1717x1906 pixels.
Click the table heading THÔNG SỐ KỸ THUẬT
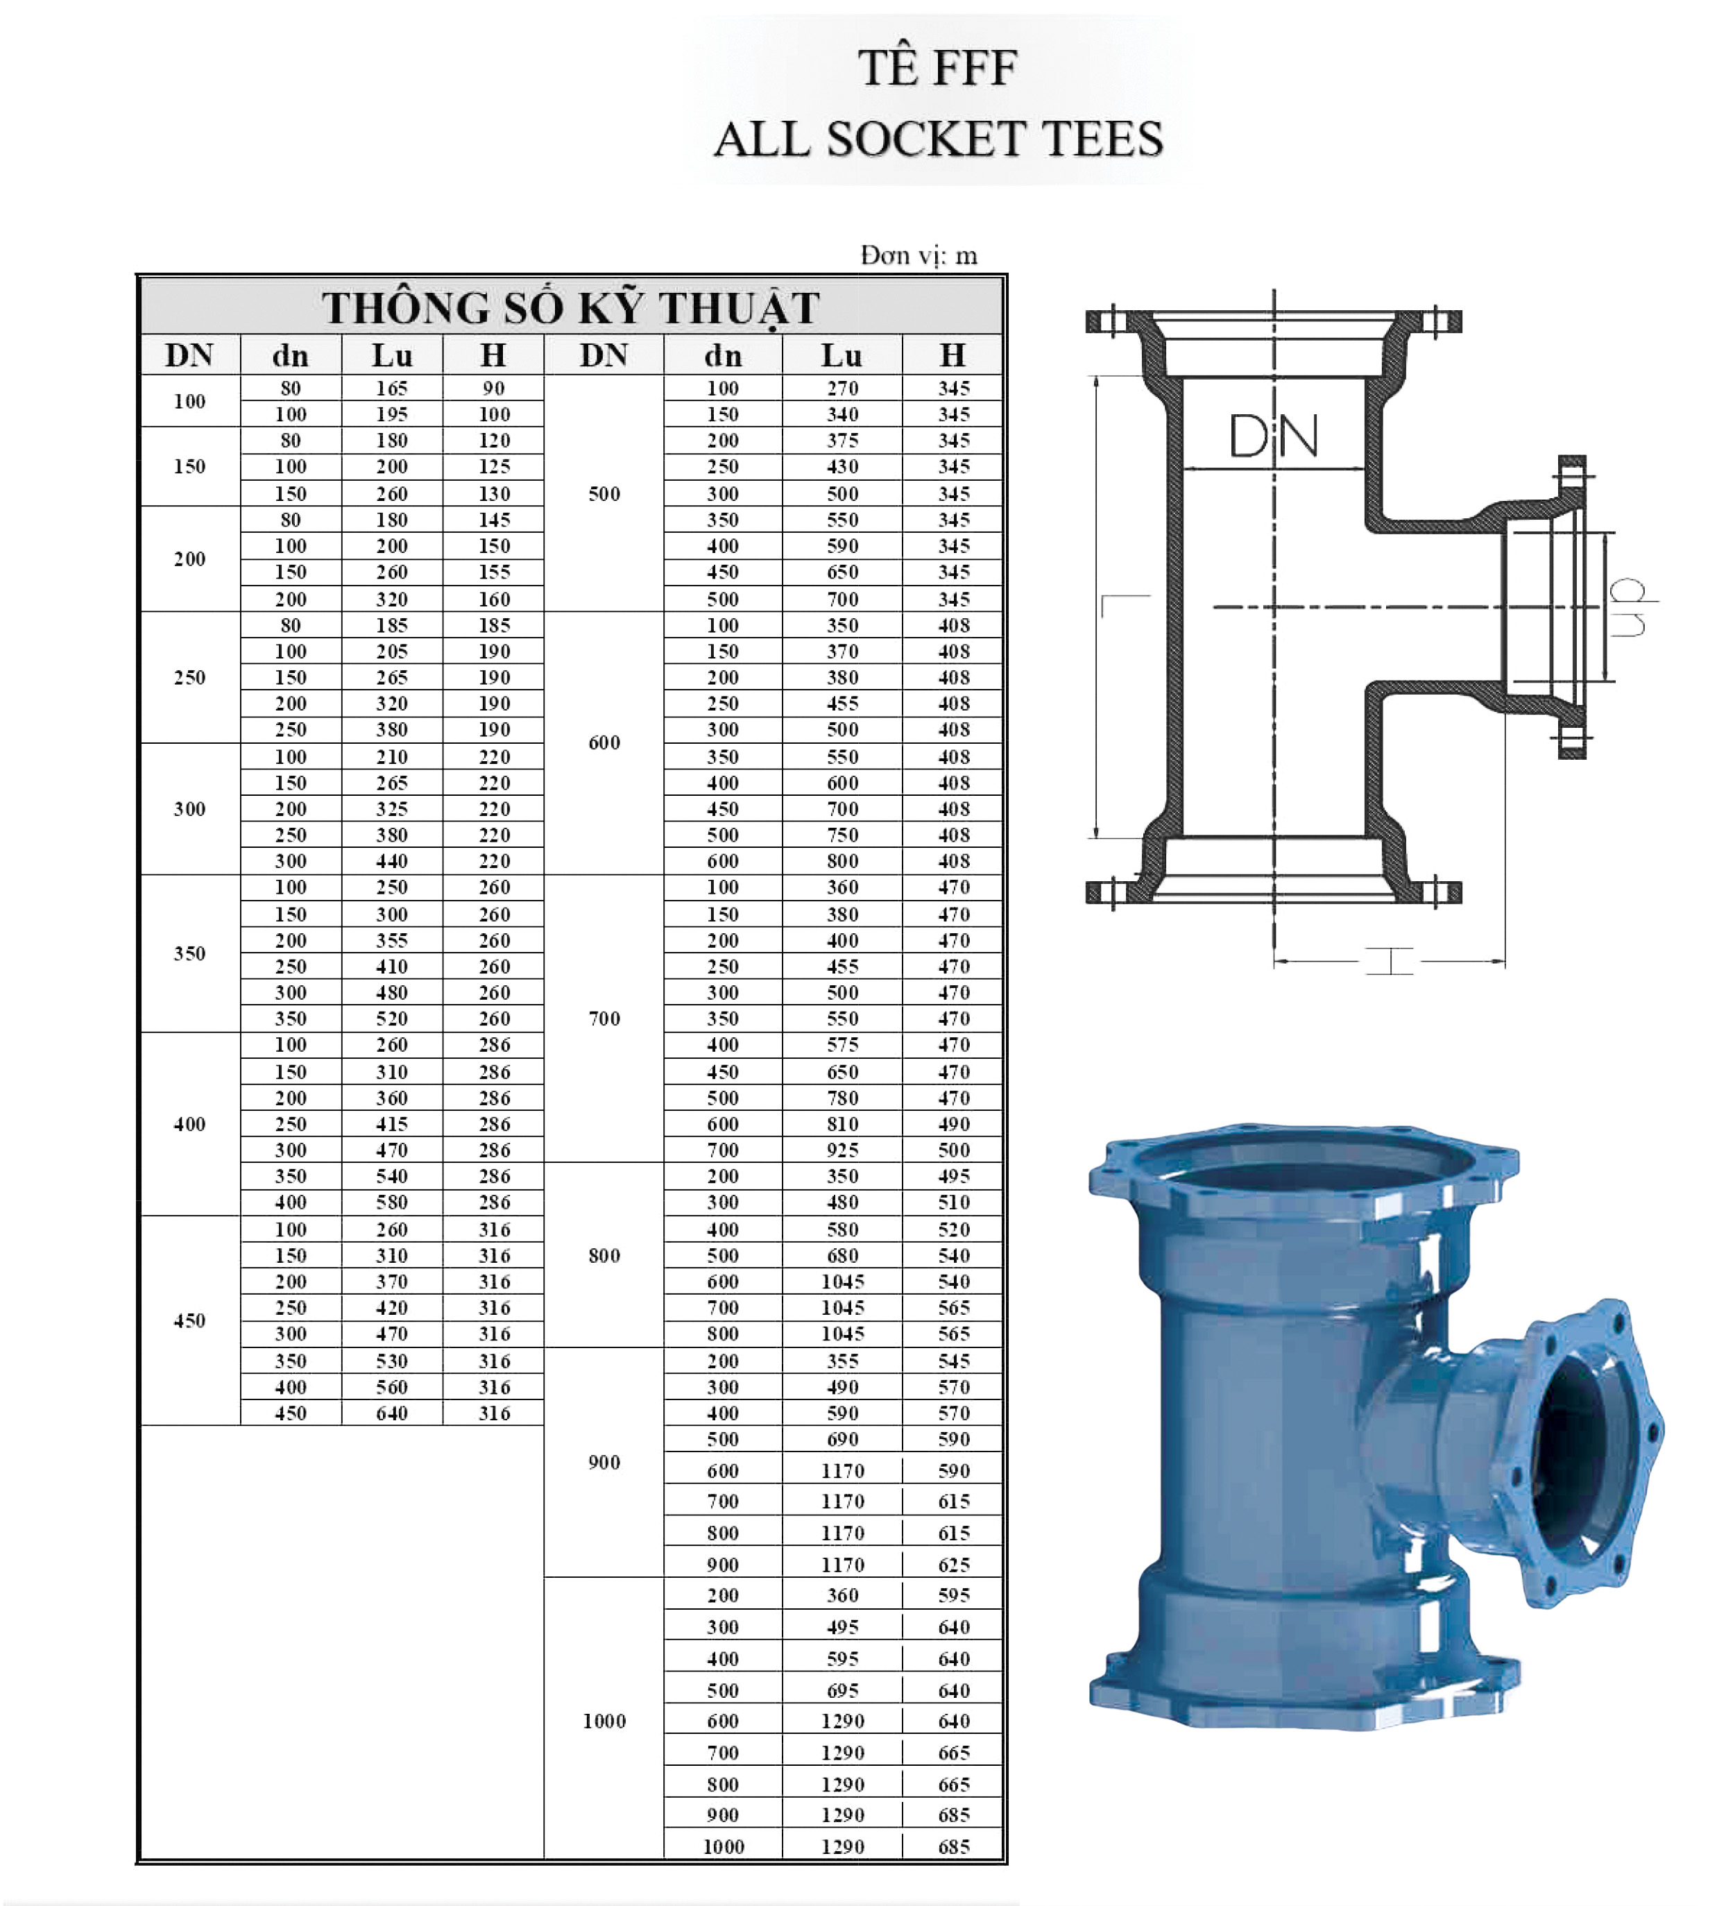click(571, 307)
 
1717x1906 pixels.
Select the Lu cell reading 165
click(391, 388)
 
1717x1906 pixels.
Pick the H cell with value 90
click(493, 388)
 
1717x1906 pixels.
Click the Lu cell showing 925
click(842, 1149)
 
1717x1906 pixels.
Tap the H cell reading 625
click(954, 1565)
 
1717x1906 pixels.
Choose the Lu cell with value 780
click(842, 1098)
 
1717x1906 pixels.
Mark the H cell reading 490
click(954, 1124)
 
